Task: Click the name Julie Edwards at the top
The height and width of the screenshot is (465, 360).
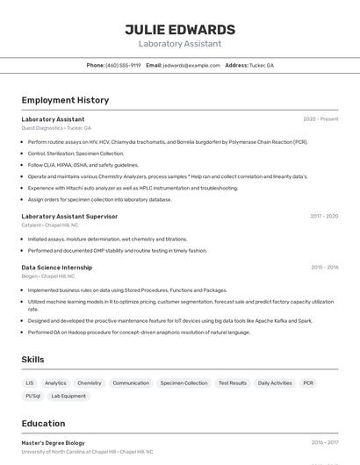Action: (180, 30)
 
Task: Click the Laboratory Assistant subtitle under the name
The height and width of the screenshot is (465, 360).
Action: (180, 44)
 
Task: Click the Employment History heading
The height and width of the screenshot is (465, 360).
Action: (65, 100)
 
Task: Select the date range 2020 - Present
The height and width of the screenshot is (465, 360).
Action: (320, 119)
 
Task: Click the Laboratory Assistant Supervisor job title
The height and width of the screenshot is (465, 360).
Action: (69, 216)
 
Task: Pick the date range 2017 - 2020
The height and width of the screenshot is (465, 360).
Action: (324, 216)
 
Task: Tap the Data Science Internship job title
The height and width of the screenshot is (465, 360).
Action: (56, 267)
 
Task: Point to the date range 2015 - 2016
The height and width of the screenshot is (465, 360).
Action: (324, 267)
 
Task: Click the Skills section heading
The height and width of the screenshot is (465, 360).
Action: (32, 360)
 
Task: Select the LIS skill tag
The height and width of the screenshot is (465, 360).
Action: (30, 383)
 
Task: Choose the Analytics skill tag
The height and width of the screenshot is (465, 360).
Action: (55, 383)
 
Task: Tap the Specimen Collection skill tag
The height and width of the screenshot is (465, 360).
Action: (184, 383)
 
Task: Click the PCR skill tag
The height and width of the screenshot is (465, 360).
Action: (308, 383)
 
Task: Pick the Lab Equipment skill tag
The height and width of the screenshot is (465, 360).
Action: (68, 397)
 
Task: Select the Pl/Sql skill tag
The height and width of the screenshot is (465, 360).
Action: (33, 397)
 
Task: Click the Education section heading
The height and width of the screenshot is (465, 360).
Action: (43, 423)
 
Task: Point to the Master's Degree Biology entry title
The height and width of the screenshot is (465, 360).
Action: (53, 443)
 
